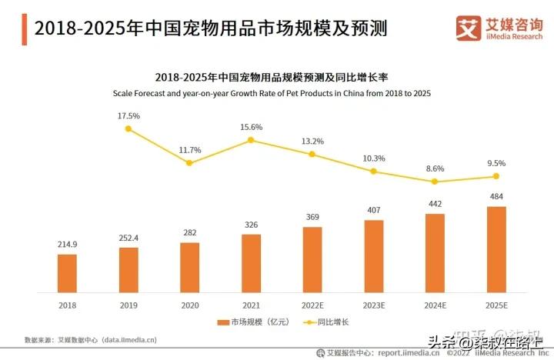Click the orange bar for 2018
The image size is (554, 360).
67,273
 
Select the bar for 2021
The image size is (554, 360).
251,263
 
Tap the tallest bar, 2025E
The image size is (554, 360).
496,249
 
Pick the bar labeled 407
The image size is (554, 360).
374,256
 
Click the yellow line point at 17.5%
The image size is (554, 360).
128,129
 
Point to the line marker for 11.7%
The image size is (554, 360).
190,162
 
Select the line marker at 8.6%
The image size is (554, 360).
435,182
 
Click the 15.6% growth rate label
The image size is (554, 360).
252,127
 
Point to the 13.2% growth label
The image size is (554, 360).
312,141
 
